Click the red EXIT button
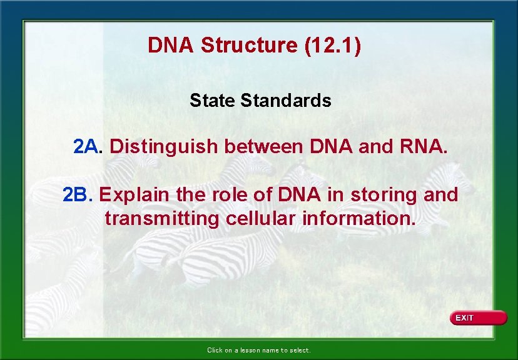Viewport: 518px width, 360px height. click(478, 318)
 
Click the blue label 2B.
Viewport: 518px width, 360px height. click(77, 195)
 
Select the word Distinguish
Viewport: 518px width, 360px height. click(164, 147)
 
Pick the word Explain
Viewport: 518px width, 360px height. click(134, 196)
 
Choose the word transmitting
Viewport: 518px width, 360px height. click(162, 219)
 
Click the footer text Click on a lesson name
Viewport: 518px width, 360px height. click(258, 351)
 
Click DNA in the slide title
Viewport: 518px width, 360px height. click(169, 46)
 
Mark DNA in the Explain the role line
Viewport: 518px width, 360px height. click(300, 195)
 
